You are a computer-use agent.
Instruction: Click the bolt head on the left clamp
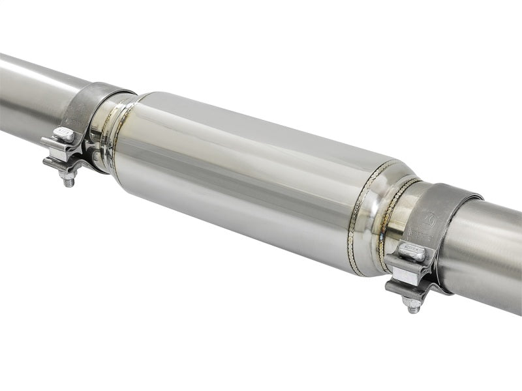[63, 134]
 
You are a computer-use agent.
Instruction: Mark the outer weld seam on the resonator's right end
[359, 215]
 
